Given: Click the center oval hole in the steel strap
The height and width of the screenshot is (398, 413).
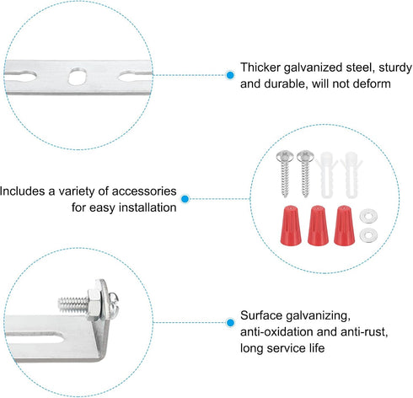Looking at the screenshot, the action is click(x=78, y=76).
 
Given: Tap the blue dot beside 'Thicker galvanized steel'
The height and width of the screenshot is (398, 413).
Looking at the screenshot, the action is click(x=230, y=75).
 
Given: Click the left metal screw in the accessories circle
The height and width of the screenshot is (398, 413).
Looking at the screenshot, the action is click(x=285, y=173).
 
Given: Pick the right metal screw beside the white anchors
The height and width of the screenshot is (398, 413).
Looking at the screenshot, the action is click(x=305, y=173).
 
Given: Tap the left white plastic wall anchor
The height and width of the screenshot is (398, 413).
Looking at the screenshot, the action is click(x=326, y=175).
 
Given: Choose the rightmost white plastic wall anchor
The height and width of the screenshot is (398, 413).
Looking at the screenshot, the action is click(x=351, y=175).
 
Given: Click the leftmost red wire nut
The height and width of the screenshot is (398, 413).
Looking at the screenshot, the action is click(x=291, y=225).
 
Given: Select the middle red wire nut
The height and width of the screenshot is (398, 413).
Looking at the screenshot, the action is click(x=318, y=225).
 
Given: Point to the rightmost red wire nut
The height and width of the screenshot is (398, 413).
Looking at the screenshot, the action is click(x=344, y=225).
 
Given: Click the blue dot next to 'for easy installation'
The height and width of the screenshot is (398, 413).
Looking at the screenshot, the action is click(x=185, y=199).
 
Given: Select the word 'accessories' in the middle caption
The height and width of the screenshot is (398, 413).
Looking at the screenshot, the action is click(x=144, y=191).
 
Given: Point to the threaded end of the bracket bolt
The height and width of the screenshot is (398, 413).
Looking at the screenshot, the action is click(x=72, y=304).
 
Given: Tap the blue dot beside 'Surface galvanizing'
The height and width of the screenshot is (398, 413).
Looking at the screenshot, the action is click(x=230, y=322).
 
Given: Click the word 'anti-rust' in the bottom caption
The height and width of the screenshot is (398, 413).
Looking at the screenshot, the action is click(x=364, y=332).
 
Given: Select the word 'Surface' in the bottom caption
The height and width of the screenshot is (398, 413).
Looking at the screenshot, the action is click(x=261, y=315).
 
